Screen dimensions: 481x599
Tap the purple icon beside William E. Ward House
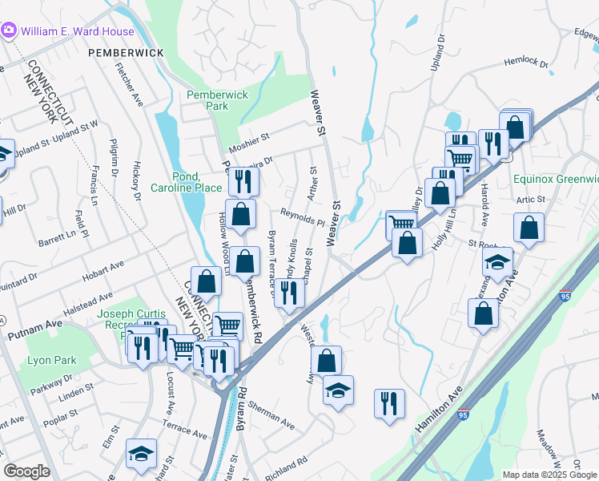click(x=9, y=30)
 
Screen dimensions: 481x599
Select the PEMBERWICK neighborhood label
click(x=127, y=52)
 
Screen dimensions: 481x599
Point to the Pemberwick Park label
click(x=218, y=100)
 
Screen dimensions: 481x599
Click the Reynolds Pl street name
click(x=302, y=216)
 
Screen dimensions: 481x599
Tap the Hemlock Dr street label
click(x=526, y=63)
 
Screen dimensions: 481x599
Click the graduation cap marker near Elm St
click(x=141, y=455)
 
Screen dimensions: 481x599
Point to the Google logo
click(x=26, y=471)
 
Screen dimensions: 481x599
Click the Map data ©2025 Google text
click(x=549, y=475)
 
